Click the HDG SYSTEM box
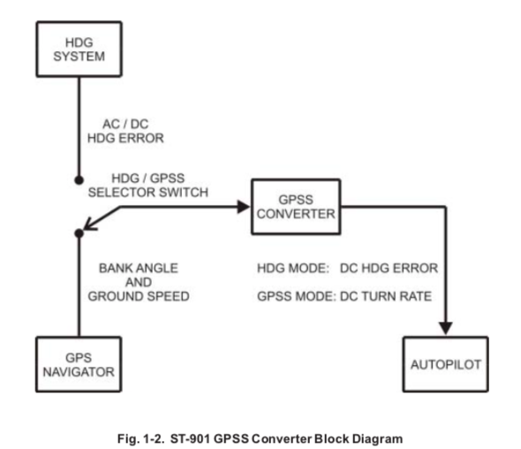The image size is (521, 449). pos(79,49)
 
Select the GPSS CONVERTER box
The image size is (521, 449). pos(296,207)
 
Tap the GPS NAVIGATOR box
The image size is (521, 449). pos(79,364)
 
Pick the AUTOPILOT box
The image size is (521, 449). pos(446,364)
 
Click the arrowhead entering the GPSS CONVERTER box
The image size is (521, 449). pos(244,207)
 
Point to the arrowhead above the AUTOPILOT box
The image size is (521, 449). pos(446,328)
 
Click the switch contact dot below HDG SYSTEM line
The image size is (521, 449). pos(79,180)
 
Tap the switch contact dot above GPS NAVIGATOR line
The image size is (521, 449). pos(79,233)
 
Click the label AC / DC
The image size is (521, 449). pos(125,124)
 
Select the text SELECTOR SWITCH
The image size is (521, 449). pos(148,192)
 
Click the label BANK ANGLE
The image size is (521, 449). pos(139,268)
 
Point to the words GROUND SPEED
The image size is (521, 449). pos(139,296)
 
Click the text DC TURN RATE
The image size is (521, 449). pos(386,296)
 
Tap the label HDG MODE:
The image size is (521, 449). pos(293,268)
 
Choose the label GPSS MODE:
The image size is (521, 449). pos(297,296)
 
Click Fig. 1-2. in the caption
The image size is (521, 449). pos(141,439)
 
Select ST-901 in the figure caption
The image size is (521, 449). pos(190,439)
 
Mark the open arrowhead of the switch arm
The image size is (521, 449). pos(89,224)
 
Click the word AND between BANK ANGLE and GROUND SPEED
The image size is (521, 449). pos(139,282)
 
